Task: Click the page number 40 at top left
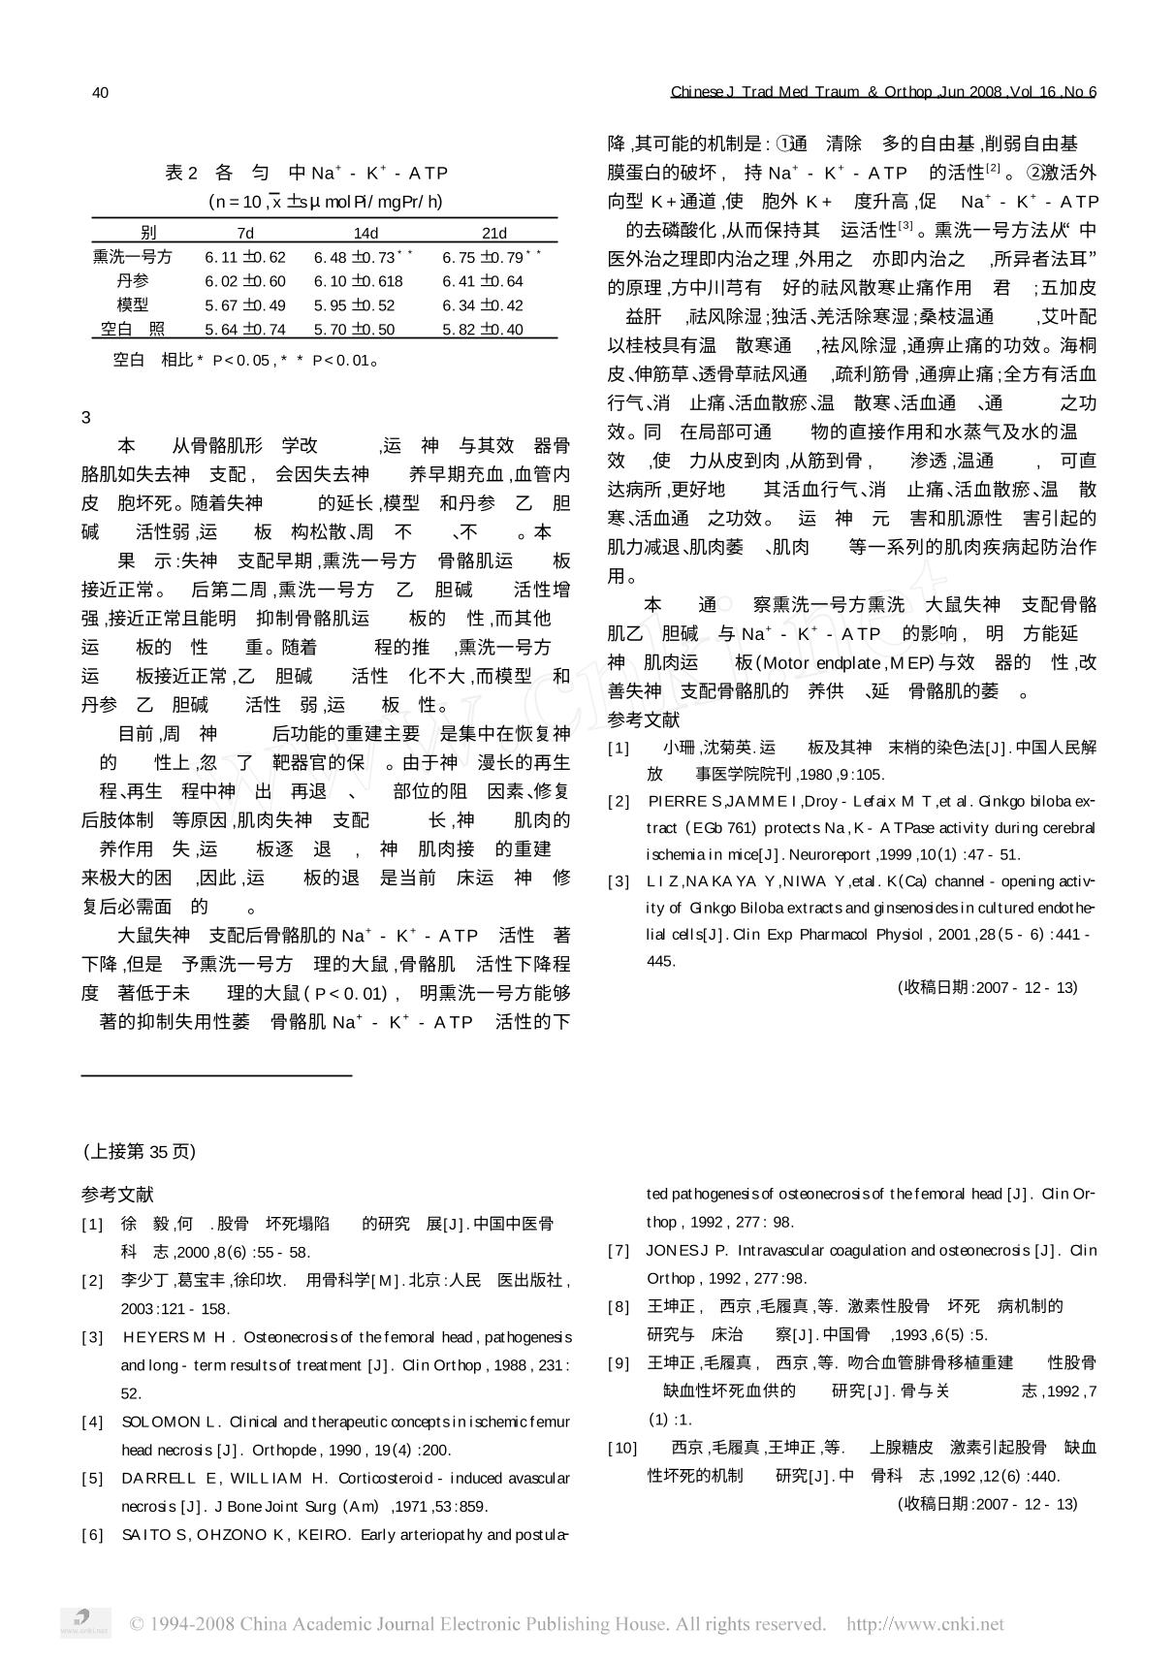100,92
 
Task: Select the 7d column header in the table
245,233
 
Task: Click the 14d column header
365,233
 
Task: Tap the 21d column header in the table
494,233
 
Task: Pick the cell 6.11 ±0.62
245,257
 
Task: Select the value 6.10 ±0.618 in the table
358,281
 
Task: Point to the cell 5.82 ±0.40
483,330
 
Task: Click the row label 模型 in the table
133,305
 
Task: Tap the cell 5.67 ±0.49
245,305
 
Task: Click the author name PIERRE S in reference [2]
685,801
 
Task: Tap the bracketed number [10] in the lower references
621,1448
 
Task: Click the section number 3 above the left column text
86,418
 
